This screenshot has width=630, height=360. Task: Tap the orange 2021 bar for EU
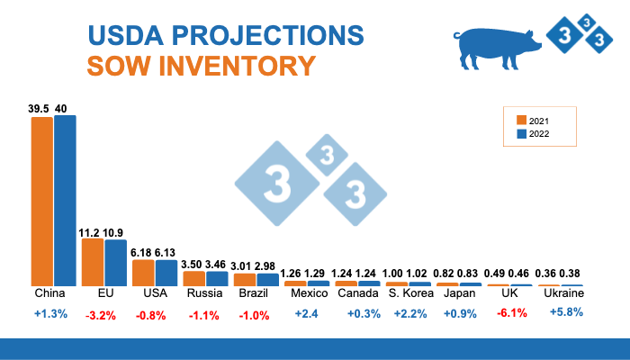(93, 262)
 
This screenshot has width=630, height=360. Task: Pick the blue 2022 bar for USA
(166, 274)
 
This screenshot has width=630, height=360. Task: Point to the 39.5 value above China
(39, 108)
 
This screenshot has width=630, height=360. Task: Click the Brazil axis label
(256, 293)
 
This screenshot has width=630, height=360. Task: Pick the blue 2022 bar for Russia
(217, 279)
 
